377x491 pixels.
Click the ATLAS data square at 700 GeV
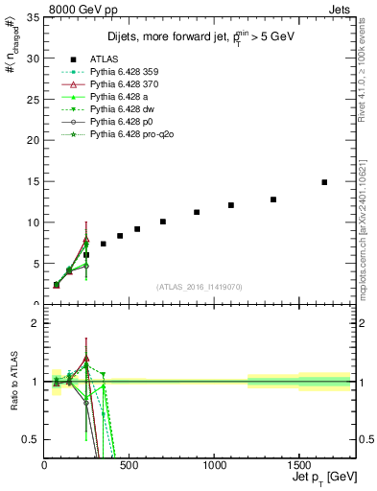click(163, 222)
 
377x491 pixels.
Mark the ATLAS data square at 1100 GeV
click(231, 205)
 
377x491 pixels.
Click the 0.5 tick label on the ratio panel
click(30, 439)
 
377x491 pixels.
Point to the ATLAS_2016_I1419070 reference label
click(199, 287)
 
